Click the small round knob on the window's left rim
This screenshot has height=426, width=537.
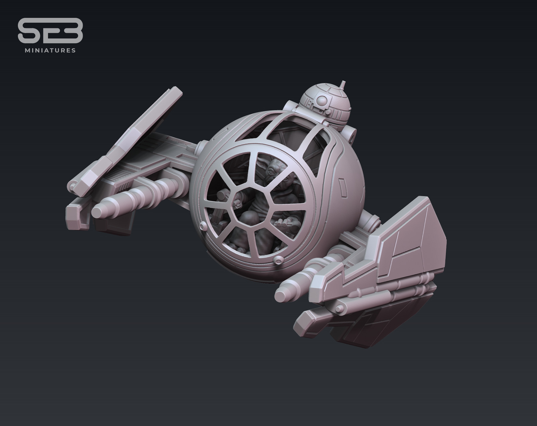pyautogui.click(x=203, y=227)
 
